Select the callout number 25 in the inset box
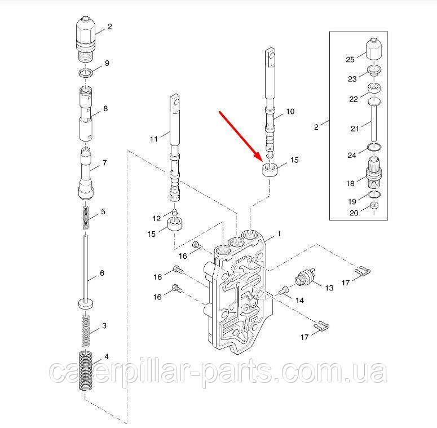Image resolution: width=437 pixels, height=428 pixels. (x=349, y=58)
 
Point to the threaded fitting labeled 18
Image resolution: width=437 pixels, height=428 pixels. (x=374, y=170)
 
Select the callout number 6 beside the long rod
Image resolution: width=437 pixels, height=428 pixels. (x=101, y=273)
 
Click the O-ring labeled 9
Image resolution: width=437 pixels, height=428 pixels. (x=85, y=73)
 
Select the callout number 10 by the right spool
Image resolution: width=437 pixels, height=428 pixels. (x=290, y=112)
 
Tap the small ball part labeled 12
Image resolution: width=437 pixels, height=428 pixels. (x=175, y=213)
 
